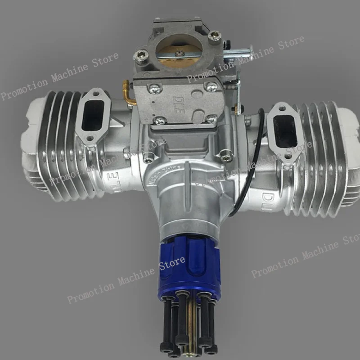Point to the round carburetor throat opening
point(178,49)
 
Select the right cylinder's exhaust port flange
point(283,130)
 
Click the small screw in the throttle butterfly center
point(179,53)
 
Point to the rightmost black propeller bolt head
point(210,347)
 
